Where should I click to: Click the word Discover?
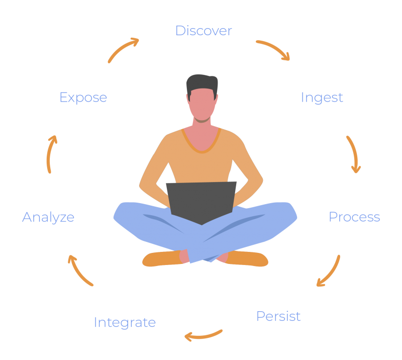204,31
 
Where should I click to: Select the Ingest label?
322,98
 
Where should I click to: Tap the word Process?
354,217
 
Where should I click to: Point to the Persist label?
278,316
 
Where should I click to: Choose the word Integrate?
125,323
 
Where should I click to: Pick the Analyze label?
48,218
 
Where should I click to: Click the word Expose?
83,98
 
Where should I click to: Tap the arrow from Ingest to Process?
354,153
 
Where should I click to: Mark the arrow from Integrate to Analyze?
78,272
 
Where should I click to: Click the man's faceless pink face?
202,104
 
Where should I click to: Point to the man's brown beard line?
202,120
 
